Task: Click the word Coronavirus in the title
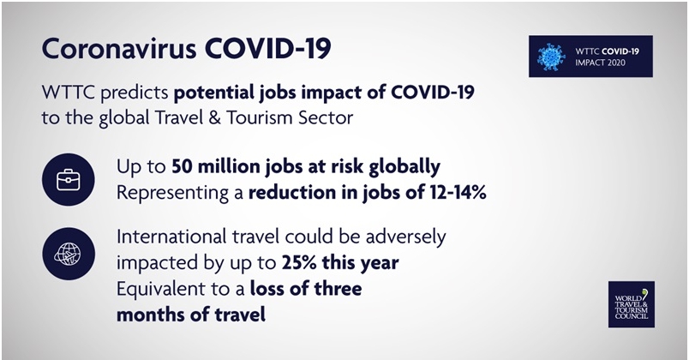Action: [118, 48]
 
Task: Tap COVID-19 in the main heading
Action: [267, 48]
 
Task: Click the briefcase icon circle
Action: [68, 179]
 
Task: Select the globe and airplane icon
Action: [68, 254]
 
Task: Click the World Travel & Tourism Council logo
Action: [632, 304]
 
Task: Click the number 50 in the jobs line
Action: [182, 166]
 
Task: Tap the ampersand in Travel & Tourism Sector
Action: [215, 117]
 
